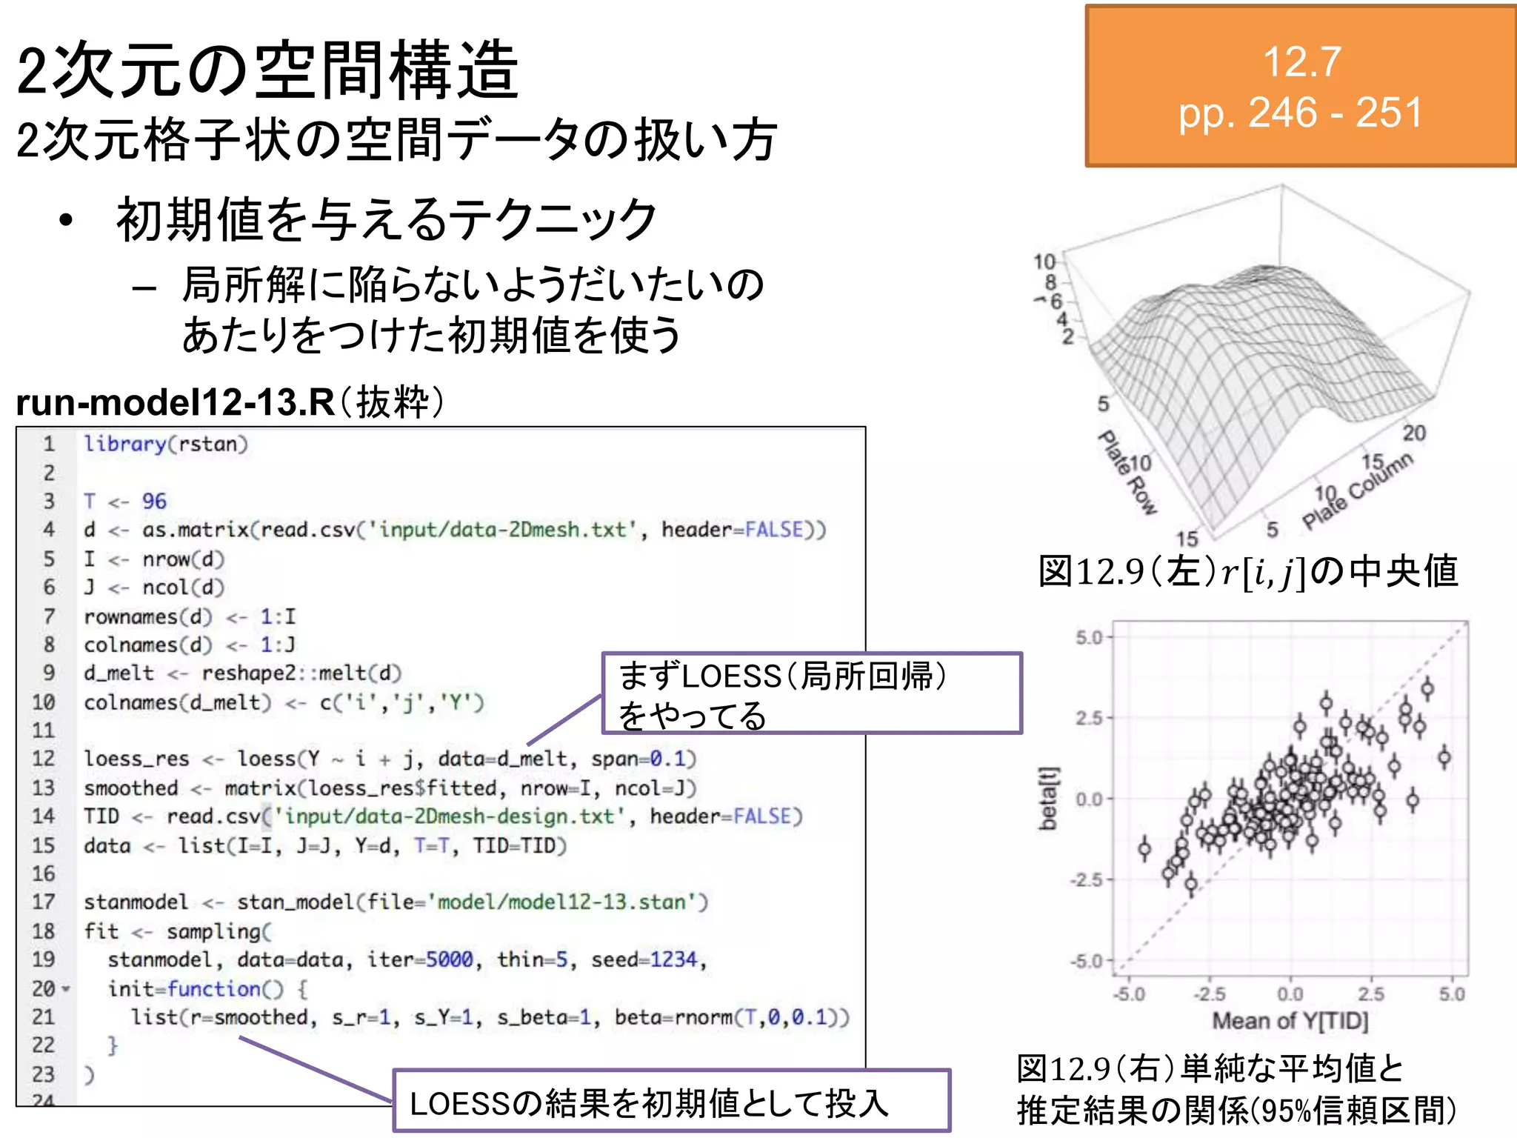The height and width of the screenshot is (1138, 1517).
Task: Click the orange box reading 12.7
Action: click(1301, 86)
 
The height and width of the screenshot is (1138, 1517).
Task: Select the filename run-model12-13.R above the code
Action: click(175, 403)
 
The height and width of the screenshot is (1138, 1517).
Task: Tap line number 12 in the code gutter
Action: click(44, 759)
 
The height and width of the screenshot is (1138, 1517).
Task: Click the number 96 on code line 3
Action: click(154, 502)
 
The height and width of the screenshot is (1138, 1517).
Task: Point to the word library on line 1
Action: click(124, 444)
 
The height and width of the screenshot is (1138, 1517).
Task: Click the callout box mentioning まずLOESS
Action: click(812, 693)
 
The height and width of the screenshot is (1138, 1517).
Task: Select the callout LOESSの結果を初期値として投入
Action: click(671, 1101)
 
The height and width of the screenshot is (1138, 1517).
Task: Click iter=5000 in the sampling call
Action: click(420, 959)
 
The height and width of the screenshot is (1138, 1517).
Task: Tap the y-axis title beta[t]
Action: click(1048, 798)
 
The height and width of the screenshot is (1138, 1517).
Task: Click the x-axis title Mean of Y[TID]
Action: click(1290, 1021)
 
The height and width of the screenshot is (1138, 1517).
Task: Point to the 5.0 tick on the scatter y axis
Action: click(1090, 637)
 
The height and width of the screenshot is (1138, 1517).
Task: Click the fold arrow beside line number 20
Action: click(67, 989)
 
